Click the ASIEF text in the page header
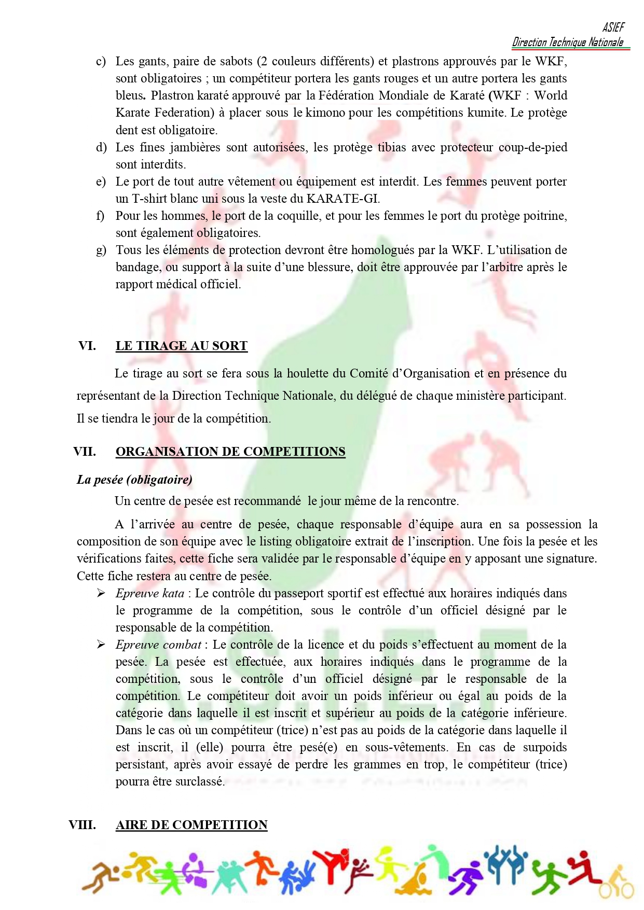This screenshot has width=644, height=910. tap(613, 27)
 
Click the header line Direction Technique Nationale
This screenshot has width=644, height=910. tap(568, 43)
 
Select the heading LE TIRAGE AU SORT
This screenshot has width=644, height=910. tap(181, 346)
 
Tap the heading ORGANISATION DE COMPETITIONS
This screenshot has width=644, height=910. tap(230, 452)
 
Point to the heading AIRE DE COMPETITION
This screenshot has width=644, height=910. tap(191, 825)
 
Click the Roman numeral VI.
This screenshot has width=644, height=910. tap(87, 346)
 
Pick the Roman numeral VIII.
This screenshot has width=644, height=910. tap(82, 825)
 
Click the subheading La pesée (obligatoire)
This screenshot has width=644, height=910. tap(134, 480)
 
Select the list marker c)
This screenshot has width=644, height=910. tap(101, 62)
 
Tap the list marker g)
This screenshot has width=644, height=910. tap(101, 250)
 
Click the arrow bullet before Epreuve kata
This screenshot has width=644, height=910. tap(101, 593)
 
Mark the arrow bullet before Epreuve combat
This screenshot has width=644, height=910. tap(101, 645)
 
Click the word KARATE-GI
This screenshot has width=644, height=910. tap(342, 199)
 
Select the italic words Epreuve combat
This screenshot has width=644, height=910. tap(158, 645)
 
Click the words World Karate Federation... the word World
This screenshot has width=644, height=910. tap(551, 96)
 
